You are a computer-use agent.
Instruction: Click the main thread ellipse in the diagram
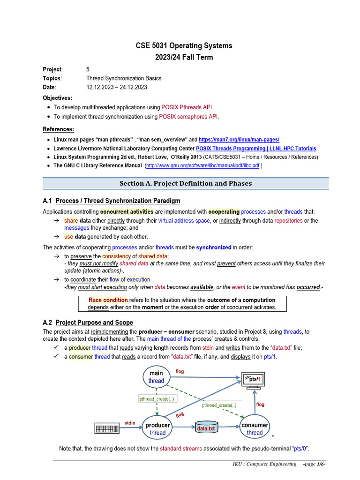(x=156, y=377)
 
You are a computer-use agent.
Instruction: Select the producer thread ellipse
(x=157, y=429)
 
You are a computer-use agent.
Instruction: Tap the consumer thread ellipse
(x=255, y=429)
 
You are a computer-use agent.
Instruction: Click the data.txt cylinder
(x=206, y=428)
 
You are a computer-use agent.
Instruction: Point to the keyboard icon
(x=106, y=429)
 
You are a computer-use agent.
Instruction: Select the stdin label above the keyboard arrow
(x=130, y=423)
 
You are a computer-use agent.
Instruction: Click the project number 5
(x=88, y=69)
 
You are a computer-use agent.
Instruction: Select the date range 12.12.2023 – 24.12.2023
(x=117, y=87)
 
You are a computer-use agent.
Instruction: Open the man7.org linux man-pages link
(x=239, y=140)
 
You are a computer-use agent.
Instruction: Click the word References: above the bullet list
(x=59, y=129)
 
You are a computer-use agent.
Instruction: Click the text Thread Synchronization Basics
(x=124, y=78)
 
